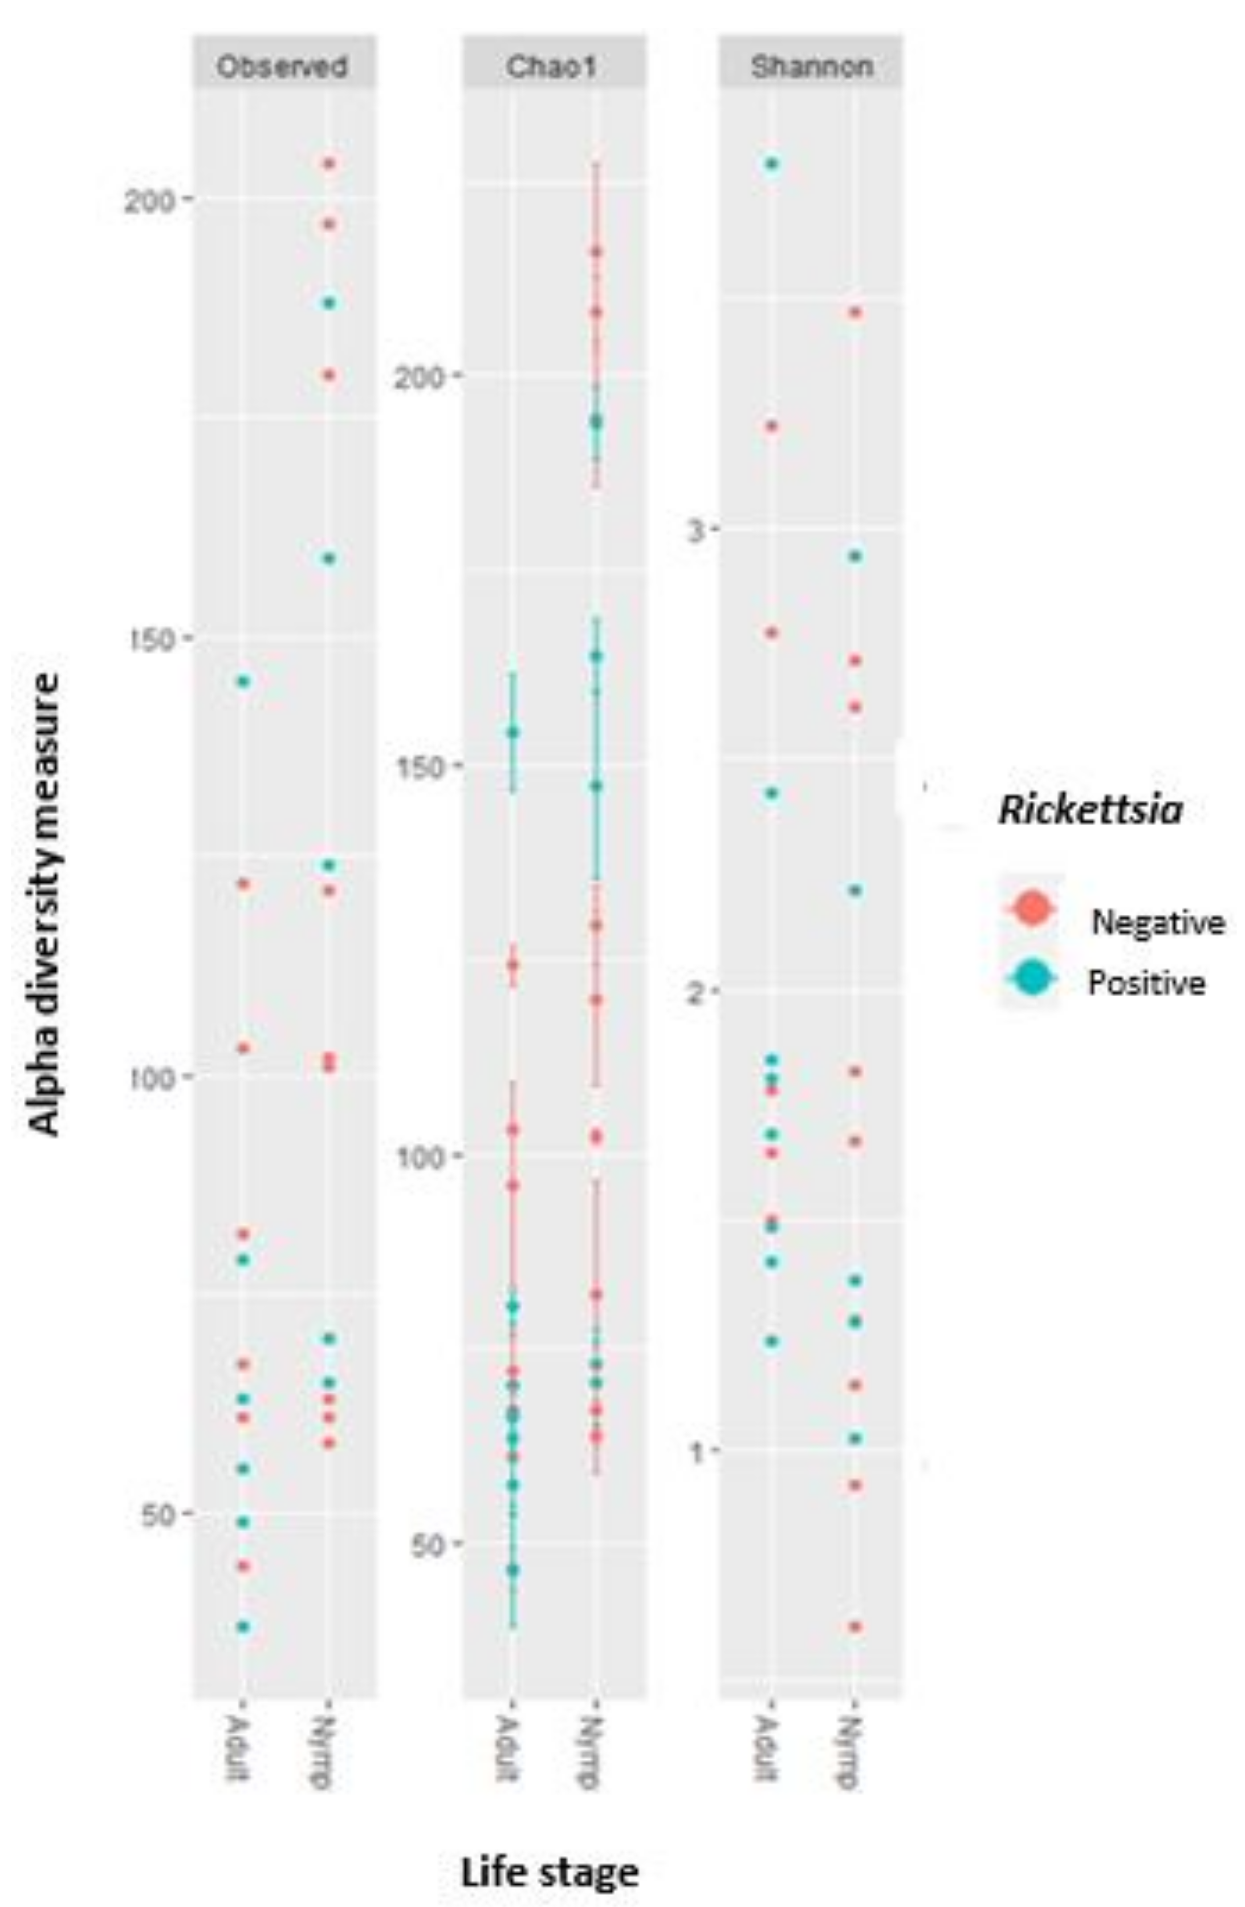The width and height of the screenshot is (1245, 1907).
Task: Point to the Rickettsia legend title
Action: point(1089,811)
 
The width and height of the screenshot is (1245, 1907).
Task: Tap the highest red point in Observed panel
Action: point(328,164)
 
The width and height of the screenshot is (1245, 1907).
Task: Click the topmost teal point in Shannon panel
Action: point(771,164)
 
